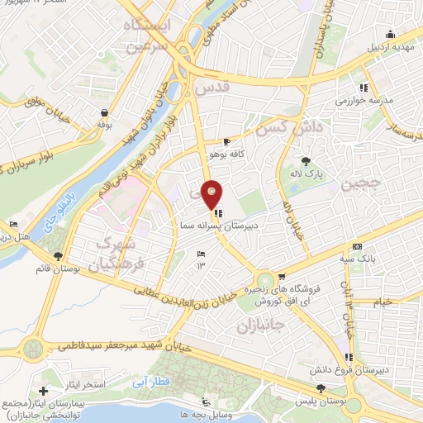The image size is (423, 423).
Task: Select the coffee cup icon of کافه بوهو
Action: click(x=227, y=141)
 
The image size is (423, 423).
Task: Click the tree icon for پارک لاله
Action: click(x=307, y=161)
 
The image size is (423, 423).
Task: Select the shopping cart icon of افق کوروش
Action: click(x=283, y=277)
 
